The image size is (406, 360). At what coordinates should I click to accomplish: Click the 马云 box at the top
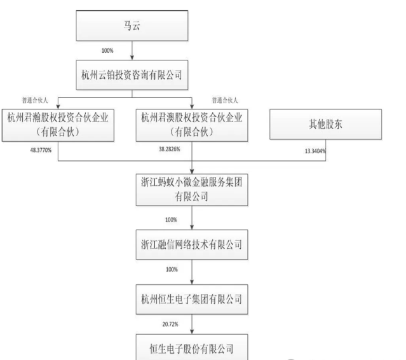click(132, 25)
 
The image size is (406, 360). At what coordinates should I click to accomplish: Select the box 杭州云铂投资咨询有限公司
click(132, 75)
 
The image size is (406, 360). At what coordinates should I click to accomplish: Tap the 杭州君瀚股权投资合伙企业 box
click(58, 125)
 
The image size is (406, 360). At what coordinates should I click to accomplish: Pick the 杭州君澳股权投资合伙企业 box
click(192, 125)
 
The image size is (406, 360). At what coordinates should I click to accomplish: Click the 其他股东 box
click(326, 124)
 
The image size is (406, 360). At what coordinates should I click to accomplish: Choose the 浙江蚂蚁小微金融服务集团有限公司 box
click(192, 190)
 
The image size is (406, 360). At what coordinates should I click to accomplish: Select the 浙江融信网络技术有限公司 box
click(192, 244)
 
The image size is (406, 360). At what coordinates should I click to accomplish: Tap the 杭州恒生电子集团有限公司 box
click(192, 300)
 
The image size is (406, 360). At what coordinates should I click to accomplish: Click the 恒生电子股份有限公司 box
click(192, 347)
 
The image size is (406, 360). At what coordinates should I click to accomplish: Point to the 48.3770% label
click(41, 150)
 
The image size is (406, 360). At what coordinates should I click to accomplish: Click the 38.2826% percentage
click(170, 149)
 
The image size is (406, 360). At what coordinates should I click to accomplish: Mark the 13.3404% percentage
click(315, 151)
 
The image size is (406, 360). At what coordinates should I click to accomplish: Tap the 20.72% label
click(170, 324)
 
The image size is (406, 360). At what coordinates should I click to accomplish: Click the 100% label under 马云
click(107, 50)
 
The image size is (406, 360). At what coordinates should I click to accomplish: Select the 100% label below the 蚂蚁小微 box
click(171, 220)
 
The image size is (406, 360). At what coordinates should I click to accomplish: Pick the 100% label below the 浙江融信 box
click(172, 270)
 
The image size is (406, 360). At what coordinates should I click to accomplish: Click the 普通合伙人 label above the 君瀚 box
click(35, 100)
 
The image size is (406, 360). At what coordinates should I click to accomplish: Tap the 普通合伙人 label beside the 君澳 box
click(225, 100)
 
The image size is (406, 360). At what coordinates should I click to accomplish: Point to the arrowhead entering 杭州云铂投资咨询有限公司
click(132, 57)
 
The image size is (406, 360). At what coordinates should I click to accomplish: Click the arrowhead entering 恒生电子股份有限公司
click(192, 331)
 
